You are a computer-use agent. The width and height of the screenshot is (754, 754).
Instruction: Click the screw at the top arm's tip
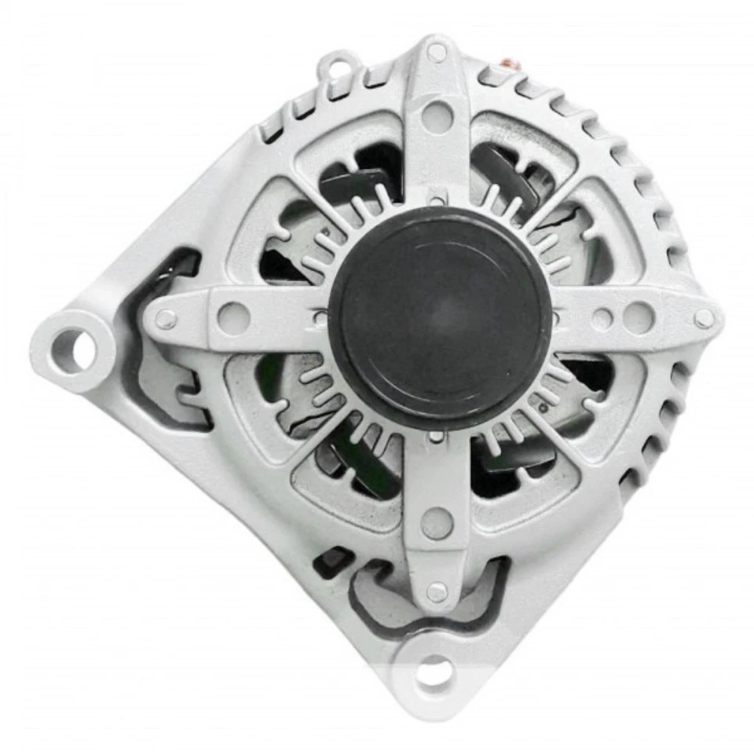click(x=437, y=53)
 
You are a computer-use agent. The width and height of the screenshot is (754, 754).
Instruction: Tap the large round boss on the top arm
click(x=437, y=116)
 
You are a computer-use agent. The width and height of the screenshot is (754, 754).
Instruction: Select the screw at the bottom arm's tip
click(x=437, y=591)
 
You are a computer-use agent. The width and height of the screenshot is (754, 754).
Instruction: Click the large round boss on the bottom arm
click(x=437, y=523)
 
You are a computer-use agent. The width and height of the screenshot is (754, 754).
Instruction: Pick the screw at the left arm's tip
click(x=166, y=319)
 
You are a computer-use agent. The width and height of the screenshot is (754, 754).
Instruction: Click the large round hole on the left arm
click(x=233, y=317)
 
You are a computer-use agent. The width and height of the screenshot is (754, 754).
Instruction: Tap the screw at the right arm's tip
click(x=704, y=318)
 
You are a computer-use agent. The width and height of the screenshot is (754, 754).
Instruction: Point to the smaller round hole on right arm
click(x=602, y=318)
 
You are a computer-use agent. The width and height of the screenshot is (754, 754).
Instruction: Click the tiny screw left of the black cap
click(x=320, y=318)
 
